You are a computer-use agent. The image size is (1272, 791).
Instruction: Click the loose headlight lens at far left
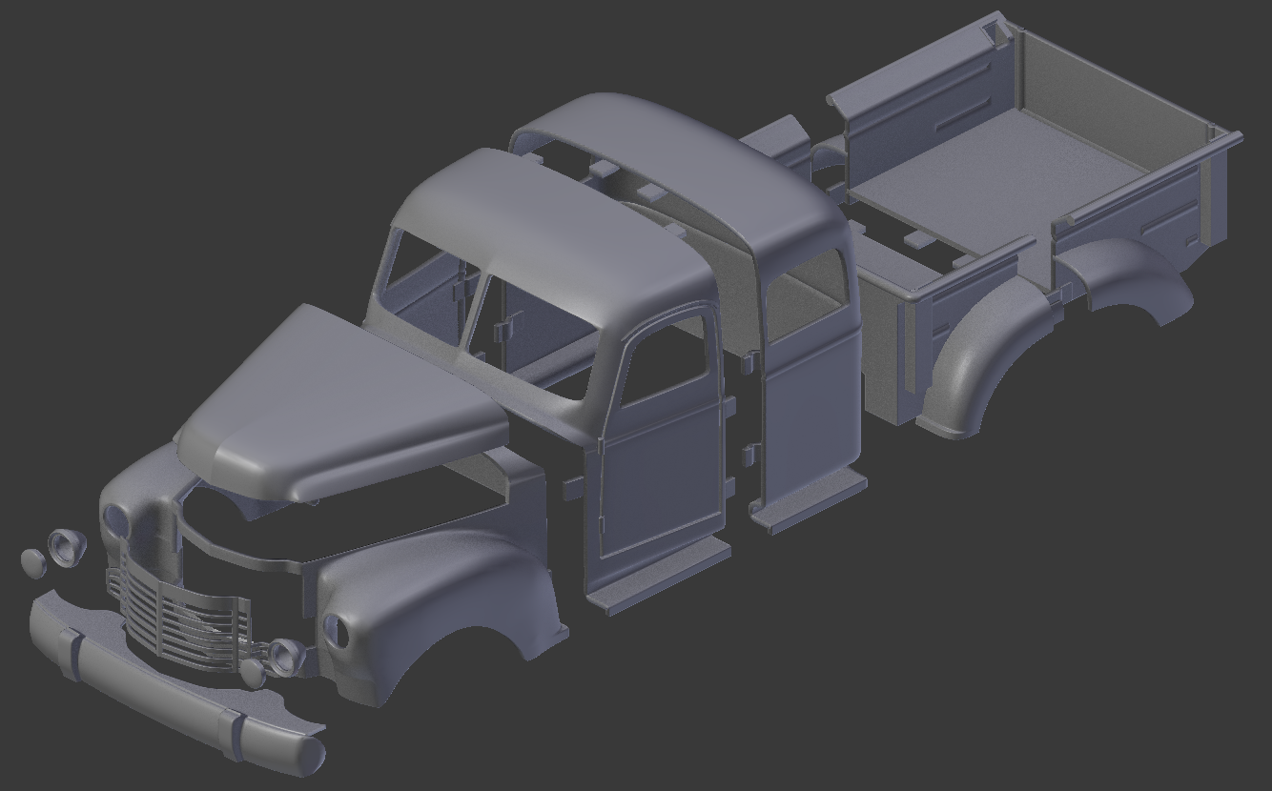pos(32,562)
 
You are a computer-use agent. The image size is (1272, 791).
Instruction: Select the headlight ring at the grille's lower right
pos(284,654)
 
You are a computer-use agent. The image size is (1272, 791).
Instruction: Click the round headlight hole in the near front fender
pos(336,629)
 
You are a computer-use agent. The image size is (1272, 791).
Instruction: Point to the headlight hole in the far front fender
pos(115,520)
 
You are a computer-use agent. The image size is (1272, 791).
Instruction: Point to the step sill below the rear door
pos(810,500)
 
